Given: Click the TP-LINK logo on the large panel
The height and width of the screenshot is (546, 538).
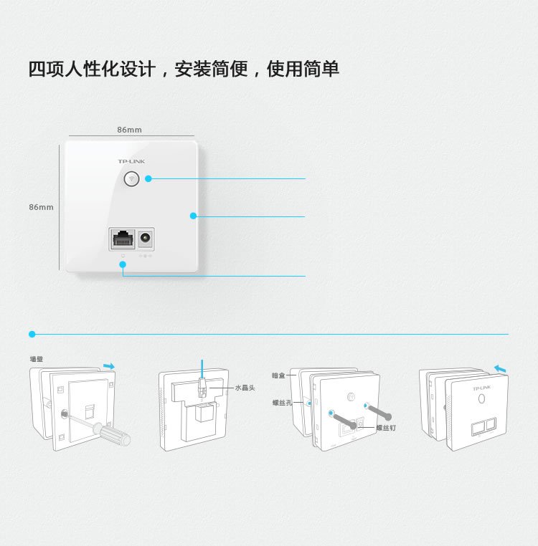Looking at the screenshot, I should click(x=131, y=161).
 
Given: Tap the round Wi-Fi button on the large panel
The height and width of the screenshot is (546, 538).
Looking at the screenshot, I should click(x=131, y=179).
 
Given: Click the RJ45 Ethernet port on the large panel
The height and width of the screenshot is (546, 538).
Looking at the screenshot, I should click(x=122, y=239).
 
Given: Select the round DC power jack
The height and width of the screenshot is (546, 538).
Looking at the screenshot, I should click(x=146, y=238).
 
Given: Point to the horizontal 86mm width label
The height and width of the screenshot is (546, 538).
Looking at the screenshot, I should click(x=129, y=130).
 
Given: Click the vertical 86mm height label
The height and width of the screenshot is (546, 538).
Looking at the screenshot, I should click(x=41, y=207).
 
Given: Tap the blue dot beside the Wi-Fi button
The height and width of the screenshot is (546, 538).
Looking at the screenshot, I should click(x=148, y=179).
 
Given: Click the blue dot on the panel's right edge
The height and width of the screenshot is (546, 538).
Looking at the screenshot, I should click(x=193, y=216).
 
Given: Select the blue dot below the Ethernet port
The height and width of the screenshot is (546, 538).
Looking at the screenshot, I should click(x=123, y=264).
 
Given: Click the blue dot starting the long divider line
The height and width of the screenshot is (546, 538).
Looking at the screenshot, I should click(x=32, y=334).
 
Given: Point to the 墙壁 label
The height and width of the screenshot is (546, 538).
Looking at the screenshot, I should click(x=36, y=359).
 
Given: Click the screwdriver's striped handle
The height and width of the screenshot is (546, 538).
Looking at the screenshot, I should click(x=115, y=434).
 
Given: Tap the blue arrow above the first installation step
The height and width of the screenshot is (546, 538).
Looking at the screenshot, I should click(x=108, y=366).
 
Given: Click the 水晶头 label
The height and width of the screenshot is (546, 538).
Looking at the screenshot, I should click(x=245, y=388).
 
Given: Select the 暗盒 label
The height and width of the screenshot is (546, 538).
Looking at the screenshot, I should click(x=278, y=375).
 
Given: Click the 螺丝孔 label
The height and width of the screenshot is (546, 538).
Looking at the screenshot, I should click(x=282, y=403).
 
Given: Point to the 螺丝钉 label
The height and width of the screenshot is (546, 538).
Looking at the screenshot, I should click(x=385, y=428).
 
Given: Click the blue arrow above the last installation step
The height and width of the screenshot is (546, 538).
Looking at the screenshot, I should click(x=500, y=368).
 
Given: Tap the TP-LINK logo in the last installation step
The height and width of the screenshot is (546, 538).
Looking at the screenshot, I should click(x=481, y=388).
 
